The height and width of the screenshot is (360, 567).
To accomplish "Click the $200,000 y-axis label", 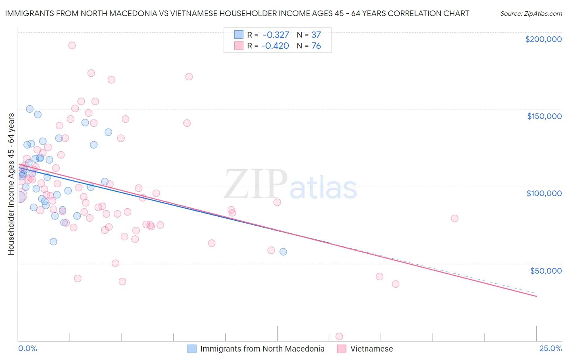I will coord(543,39).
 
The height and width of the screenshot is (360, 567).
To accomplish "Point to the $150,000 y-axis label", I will coord(544,116).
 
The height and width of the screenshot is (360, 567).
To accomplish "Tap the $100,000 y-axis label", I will coord(544,193).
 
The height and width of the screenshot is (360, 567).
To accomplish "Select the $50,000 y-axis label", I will coord(546,270).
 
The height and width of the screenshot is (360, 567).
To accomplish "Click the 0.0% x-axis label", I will coord(27,348).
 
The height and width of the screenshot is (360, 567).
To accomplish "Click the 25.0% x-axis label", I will coord(550,348).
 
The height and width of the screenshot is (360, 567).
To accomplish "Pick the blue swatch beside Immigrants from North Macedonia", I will coord(192,349).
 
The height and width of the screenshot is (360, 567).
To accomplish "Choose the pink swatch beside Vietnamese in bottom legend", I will coord(342,349).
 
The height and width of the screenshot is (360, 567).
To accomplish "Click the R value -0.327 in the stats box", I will coord(276,35).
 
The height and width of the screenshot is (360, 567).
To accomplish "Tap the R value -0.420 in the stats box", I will coord(275,46).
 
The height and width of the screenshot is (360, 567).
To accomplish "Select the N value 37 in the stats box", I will coord(316,35).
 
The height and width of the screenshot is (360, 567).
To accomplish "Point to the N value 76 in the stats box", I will coord(316,46).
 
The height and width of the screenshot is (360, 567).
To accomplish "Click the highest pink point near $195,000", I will coord(72,45).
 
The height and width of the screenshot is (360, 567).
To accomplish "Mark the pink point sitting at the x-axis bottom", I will coord(339,337).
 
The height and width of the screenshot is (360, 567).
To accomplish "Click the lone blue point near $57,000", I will coord(283,251).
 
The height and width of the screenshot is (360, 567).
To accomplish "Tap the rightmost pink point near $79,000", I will coord(454,218).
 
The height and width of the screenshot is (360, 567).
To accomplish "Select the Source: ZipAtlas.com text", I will coord(531,14).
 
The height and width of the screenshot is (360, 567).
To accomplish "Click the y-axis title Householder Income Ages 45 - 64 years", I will coord(11,184).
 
